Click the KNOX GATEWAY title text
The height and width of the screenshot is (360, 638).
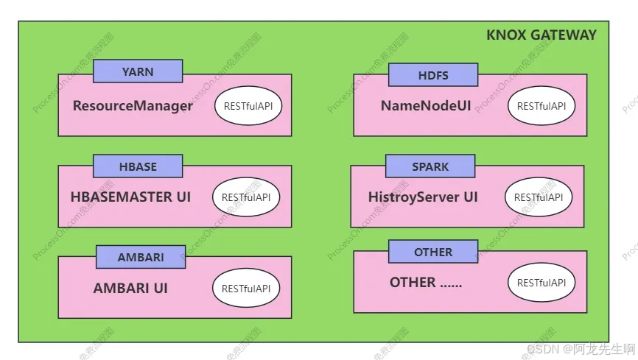tap(541, 35)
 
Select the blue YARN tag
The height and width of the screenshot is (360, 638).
tap(138, 71)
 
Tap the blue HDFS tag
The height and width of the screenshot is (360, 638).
tap(433, 75)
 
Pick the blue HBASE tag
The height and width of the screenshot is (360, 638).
tap(138, 166)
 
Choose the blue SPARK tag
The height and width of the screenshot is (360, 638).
tap(430, 166)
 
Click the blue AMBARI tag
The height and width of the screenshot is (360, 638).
tap(141, 258)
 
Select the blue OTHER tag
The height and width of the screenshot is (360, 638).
tap(433, 252)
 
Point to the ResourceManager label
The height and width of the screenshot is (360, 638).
tap(133, 106)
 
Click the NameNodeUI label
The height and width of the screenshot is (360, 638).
tap(426, 106)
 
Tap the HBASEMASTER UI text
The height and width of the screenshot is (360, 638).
tap(131, 197)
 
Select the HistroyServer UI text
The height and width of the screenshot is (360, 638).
tap(423, 197)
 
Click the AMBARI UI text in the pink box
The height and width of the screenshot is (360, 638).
tap(130, 289)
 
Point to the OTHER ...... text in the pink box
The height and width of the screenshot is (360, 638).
tap(426, 283)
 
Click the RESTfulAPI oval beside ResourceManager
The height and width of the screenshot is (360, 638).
tap(248, 106)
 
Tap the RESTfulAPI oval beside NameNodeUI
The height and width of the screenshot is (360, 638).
tap(541, 106)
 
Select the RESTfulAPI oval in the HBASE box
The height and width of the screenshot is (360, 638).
tap(246, 197)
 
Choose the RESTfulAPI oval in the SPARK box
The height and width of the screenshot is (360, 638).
tap(539, 197)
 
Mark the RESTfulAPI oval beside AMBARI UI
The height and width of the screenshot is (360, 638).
tap(246, 289)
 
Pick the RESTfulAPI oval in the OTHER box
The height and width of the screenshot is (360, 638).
tap(541, 283)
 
